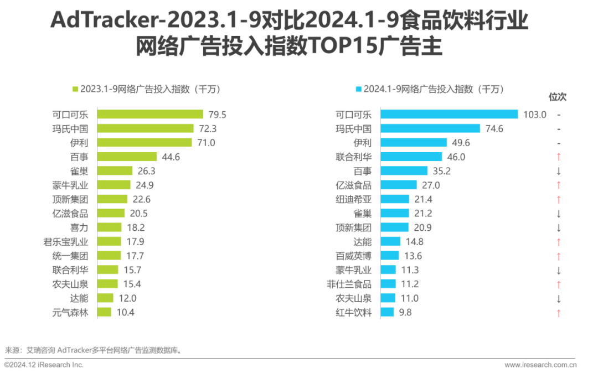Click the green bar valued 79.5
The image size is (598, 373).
[x=151, y=114]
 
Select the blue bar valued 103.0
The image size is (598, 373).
[x=449, y=114]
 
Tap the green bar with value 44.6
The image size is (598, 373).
[x=127, y=157]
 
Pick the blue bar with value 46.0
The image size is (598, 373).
[x=411, y=157]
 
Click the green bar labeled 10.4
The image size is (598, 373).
[x=105, y=312]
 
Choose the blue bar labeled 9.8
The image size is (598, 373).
[x=388, y=312]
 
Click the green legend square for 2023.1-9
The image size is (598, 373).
[x=75, y=89]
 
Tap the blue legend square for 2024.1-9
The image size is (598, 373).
[x=358, y=89]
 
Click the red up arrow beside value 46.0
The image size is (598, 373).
[x=559, y=157]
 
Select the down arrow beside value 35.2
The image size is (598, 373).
[x=559, y=171]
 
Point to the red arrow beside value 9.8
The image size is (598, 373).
[x=559, y=313]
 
